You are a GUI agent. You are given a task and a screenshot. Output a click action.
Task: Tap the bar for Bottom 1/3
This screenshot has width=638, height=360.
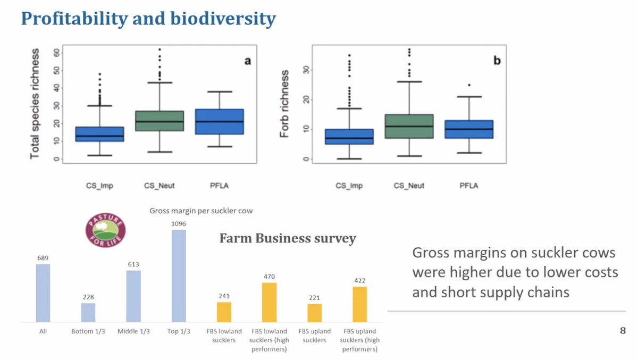88,312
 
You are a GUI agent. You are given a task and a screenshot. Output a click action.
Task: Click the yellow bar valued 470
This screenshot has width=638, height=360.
269,302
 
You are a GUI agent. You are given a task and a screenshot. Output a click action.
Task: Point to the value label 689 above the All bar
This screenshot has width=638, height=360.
43,258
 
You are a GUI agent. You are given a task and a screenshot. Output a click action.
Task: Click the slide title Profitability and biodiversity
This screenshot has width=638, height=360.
148,19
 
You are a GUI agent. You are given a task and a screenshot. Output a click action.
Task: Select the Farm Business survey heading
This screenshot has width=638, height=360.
288,239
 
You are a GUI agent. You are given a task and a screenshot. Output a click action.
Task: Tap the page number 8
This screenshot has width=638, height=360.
623,331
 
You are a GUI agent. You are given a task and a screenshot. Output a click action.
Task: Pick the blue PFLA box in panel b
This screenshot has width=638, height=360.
469,129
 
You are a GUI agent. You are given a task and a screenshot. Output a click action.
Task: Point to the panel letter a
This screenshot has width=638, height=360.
247,61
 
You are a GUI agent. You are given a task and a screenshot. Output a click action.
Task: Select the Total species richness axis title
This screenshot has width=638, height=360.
35,104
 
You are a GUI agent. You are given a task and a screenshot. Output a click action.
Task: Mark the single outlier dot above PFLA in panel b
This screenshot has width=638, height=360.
469,85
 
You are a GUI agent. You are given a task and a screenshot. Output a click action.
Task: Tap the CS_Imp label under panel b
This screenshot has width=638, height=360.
349,186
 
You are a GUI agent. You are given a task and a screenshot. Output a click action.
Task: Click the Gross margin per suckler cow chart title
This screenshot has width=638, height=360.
201,211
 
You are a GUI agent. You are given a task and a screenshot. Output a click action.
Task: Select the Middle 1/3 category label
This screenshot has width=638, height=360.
133,331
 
